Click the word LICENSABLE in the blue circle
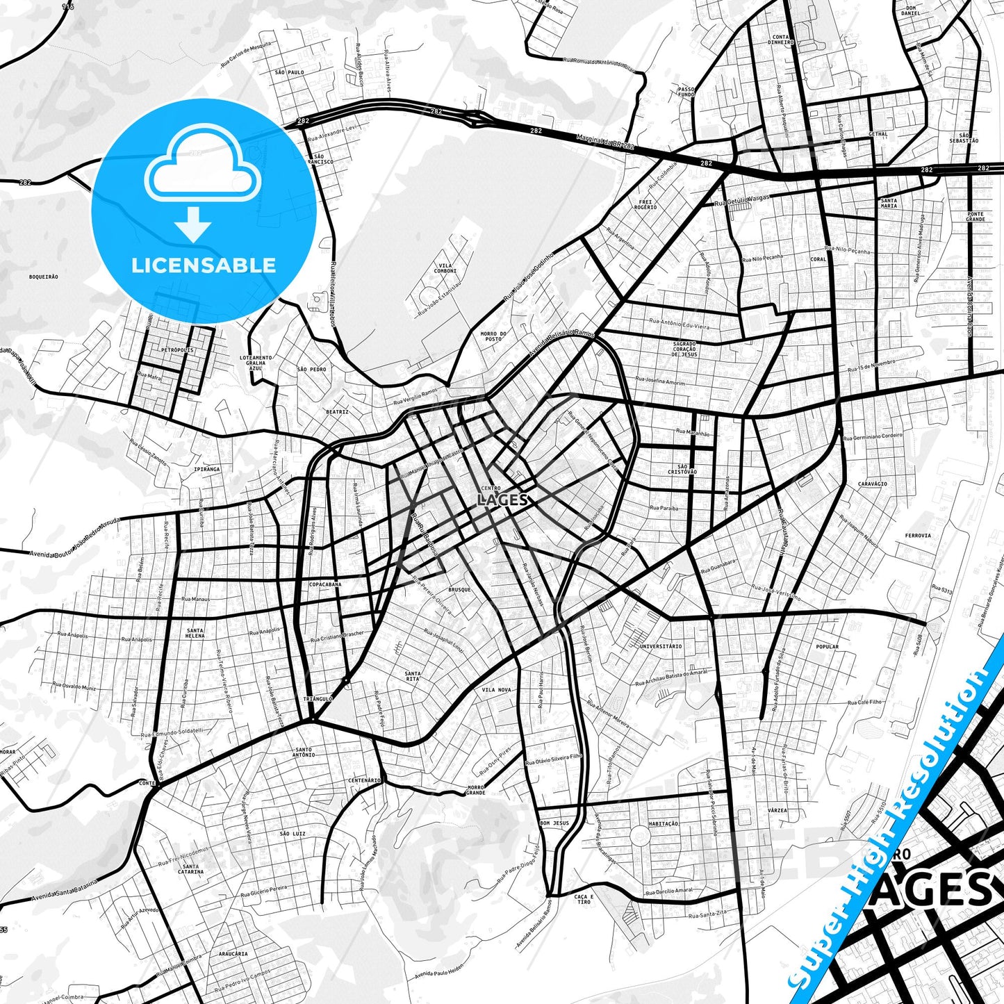204,265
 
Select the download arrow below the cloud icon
193,224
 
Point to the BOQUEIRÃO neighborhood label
44,277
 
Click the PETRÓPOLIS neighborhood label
176,350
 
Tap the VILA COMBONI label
445,268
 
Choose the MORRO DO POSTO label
493,336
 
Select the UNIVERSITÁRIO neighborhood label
661,646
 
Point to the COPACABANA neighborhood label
325,584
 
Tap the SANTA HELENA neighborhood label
195,632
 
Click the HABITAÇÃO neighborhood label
663,823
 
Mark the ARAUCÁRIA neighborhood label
233,954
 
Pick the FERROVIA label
918,536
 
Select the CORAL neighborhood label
818,259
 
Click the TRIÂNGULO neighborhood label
318,698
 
